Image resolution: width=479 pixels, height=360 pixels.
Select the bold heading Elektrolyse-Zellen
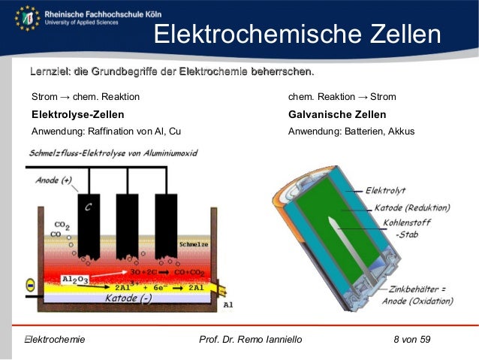pos(77,115)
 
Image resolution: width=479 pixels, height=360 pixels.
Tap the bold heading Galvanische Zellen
pos(337,115)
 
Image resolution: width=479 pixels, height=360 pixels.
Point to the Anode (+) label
pos(53,180)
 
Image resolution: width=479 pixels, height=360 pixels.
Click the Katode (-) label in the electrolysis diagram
pos(128,298)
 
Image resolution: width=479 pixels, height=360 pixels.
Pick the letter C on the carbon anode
pos(88,207)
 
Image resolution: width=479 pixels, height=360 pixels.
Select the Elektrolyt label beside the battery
pos(386,191)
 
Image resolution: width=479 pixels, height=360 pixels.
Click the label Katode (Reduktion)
pos(408,207)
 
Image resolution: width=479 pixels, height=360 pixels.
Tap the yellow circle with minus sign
pos(30,286)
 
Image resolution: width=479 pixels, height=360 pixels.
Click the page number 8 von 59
pos(411,340)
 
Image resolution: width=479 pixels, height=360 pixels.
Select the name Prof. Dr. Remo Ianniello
pos(251,340)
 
